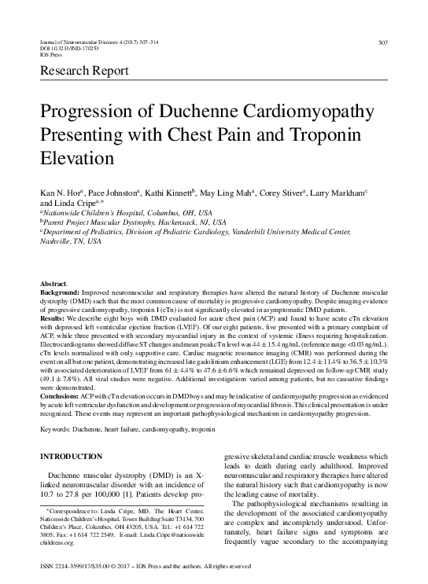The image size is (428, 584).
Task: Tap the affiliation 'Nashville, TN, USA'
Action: (x=70, y=241)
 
